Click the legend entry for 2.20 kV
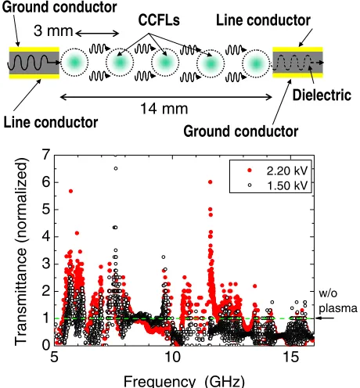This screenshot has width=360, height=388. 278,171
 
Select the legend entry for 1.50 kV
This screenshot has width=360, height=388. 278,185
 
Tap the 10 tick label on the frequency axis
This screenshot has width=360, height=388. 172,357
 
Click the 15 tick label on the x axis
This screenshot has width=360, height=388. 290,357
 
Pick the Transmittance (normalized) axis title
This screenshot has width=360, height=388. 21,251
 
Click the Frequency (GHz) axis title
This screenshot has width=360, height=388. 184,382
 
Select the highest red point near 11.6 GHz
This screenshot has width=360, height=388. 211,182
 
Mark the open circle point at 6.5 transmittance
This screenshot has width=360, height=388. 116,168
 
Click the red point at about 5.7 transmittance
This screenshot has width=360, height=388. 70,191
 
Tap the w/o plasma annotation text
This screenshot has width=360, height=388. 338,300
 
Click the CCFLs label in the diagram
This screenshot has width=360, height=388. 159,20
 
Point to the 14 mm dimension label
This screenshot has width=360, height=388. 164,109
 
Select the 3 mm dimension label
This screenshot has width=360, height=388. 53,31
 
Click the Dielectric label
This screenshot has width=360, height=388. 322,95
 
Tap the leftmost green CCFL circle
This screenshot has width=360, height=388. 74,63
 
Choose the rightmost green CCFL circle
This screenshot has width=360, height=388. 256,63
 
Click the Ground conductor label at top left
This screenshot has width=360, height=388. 59,7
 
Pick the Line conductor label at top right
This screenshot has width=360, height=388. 263,20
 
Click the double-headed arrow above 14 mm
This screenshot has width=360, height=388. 166,97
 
